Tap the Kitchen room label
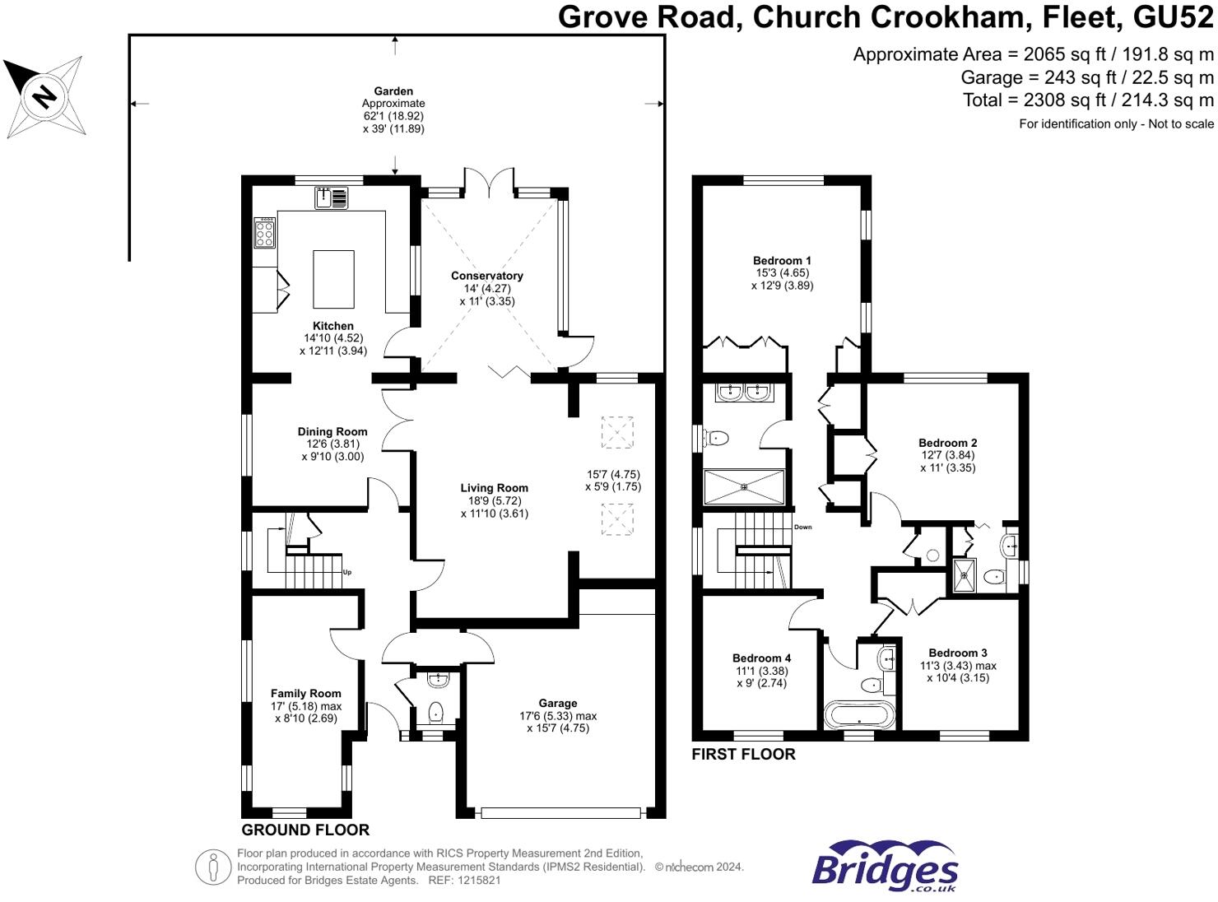[x=333, y=326]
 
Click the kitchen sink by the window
[x=332, y=198]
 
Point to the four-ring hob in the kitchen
[x=265, y=233]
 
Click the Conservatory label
[x=487, y=276]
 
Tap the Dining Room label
[x=332, y=431]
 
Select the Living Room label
[x=494, y=488]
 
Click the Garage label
[x=558, y=703]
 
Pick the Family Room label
[x=306, y=693]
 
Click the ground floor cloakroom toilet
[x=436, y=711]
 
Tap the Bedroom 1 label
[x=782, y=260]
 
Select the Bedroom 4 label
[x=761, y=658]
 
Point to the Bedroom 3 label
[x=958, y=653]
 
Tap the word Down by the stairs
[x=802, y=527]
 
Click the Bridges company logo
[x=885, y=867]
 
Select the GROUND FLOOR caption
[x=305, y=830]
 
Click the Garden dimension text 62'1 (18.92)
[x=393, y=116]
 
